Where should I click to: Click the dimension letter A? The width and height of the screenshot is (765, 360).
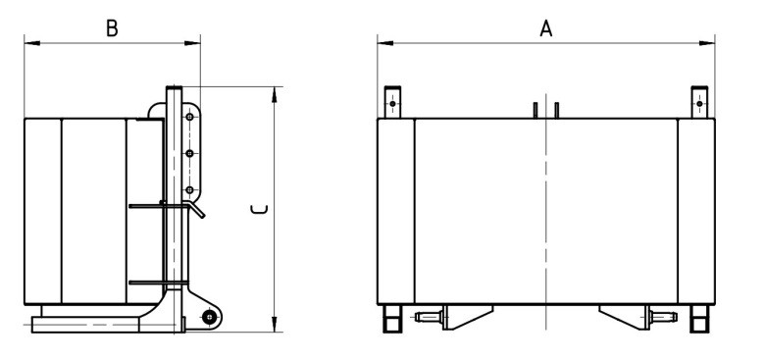tap(546, 28)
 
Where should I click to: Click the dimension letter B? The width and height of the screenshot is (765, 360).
tap(112, 28)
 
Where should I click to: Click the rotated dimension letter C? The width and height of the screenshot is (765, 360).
tap(259, 210)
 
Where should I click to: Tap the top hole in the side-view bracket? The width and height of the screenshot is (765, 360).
tap(190, 117)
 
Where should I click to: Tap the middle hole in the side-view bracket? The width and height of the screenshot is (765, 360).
tap(190, 154)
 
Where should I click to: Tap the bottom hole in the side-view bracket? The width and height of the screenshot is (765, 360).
tap(190, 189)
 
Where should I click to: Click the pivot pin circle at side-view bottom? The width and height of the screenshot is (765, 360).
tap(210, 317)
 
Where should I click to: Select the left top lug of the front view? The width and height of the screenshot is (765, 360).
tap(392, 102)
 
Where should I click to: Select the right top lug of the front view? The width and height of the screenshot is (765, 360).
tap(699, 102)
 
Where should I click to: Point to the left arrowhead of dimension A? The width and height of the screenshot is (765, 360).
tap(384, 43)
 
